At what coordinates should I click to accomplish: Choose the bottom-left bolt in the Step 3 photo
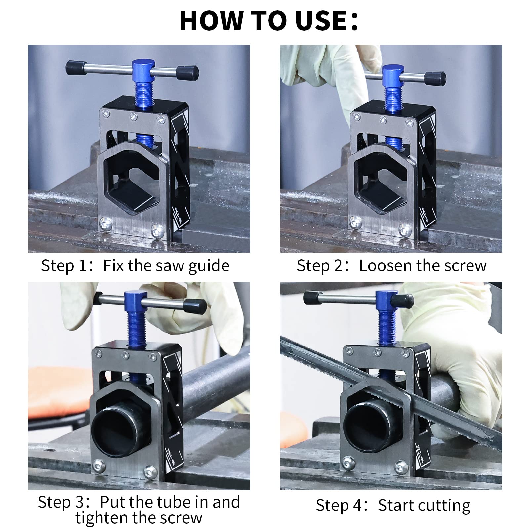tap(98, 465)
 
